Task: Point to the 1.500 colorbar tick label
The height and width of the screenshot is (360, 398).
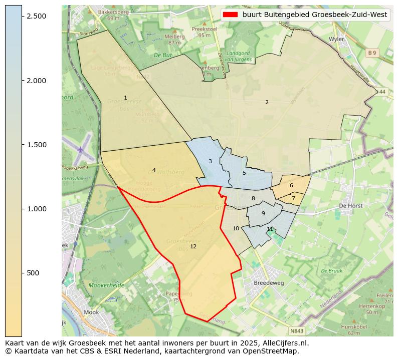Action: (37, 145)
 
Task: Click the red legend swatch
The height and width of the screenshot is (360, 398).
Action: (231, 15)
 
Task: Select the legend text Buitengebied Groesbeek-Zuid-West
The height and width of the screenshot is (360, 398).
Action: (314, 15)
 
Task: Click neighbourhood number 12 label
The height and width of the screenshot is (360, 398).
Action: (193, 246)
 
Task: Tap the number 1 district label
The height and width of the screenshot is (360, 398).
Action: (125, 98)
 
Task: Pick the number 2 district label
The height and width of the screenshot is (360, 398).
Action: (267, 102)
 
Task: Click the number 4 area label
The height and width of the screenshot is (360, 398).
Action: (154, 170)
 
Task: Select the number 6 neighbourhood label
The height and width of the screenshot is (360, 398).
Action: (291, 185)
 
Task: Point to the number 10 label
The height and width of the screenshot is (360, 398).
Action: (236, 228)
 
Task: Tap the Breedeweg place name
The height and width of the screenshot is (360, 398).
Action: (269, 282)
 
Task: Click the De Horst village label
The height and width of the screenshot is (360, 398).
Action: (350, 206)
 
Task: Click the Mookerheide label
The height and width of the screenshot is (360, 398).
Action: (106, 285)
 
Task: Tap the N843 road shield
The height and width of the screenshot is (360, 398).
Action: (296, 331)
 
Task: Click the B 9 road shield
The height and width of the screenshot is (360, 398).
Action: (371, 53)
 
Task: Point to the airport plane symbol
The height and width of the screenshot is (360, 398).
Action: (81, 149)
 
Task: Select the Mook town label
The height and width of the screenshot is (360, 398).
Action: (91, 312)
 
